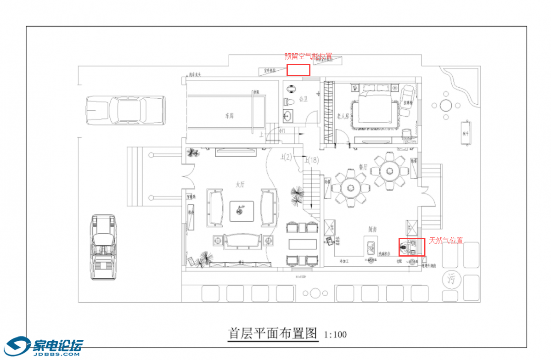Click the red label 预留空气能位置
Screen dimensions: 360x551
pos(308,56)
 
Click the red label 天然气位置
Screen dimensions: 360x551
pos(446,240)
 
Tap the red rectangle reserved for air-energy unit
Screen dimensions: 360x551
pos(298,70)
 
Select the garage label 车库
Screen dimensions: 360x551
pos(230,116)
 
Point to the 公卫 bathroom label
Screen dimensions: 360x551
pos(303,99)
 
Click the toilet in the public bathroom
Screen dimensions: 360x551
pos(289,101)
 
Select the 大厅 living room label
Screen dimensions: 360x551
pos(241,185)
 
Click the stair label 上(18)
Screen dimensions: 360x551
pos(312,160)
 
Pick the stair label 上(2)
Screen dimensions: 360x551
pos(286,157)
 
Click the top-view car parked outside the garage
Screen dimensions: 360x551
pos(125,111)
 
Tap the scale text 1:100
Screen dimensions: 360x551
pos(335,334)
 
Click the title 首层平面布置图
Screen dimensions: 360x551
pos(273,333)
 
